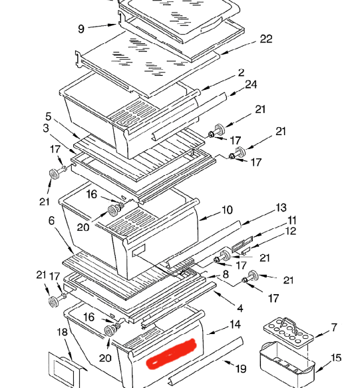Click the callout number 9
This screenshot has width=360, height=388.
click(81, 29)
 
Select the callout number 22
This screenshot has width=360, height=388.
click(266, 39)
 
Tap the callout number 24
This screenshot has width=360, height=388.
click(251, 85)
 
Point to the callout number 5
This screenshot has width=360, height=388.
click(49, 116)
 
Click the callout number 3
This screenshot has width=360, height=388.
click(46, 128)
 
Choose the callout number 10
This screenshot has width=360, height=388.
click(227, 210)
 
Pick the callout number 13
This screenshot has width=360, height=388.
click(281, 208)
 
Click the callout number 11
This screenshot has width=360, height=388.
click(292, 220)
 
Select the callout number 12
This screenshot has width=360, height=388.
click(291, 231)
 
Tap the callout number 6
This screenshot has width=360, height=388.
click(51, 220)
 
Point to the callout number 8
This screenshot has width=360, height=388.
click(226, 274)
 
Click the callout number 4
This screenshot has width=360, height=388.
click(240, 308)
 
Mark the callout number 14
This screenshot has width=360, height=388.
click(235, 324)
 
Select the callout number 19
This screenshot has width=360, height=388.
click(241, 369)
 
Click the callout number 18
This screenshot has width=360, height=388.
click(62, 332)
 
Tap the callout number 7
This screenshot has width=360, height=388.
click(334, 327)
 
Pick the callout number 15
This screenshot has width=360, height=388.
click(336, 357)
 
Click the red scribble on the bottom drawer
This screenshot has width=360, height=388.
click(171, 354)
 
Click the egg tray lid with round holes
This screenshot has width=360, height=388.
click(288, 333)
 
